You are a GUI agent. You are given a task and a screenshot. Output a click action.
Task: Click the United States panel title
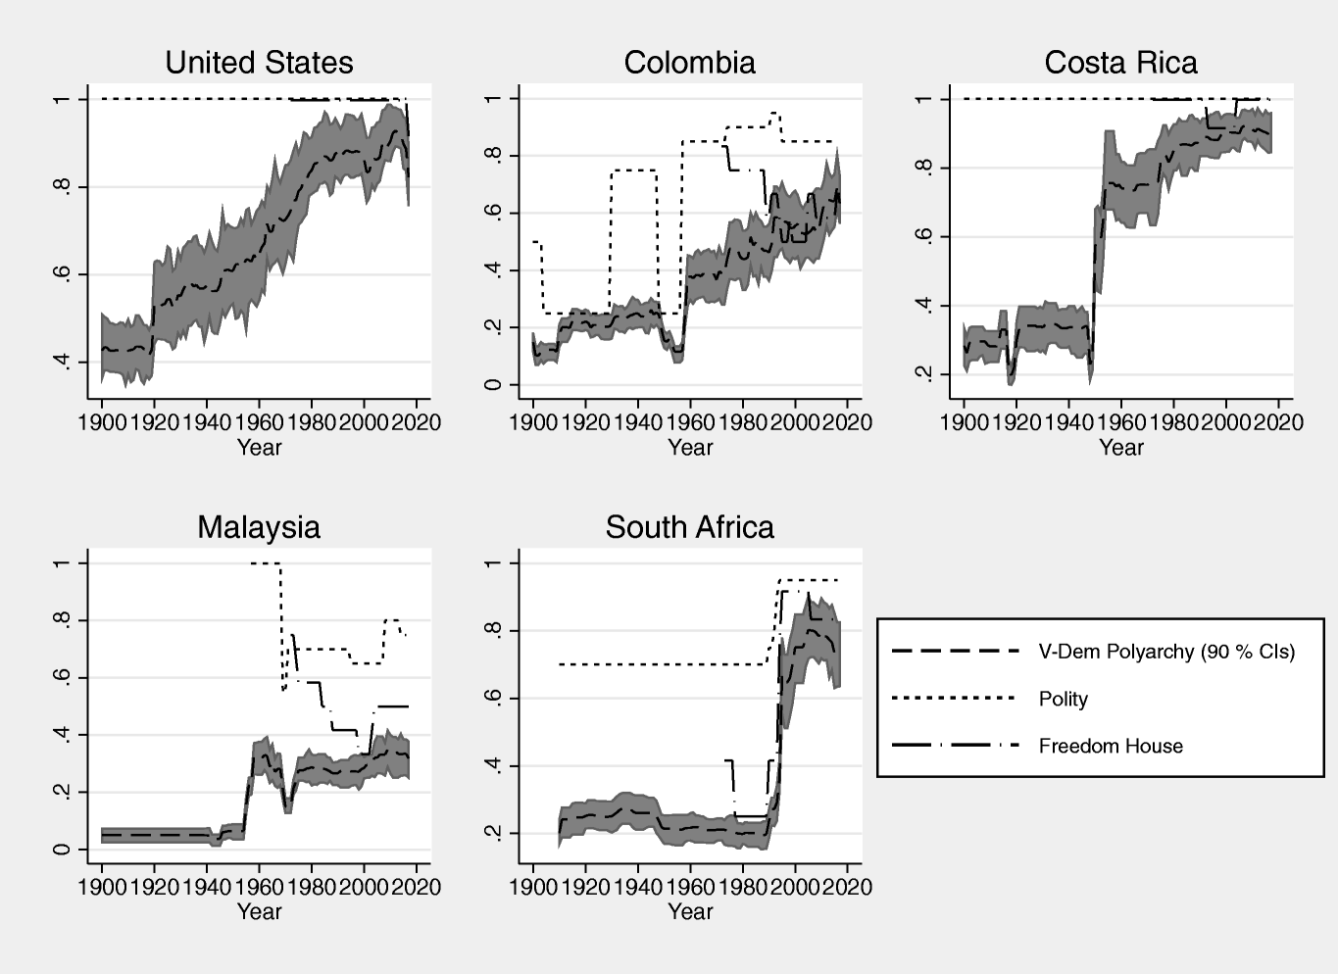[x=259, y=63]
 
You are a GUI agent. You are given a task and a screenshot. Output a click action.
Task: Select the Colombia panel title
[x=689, y=63]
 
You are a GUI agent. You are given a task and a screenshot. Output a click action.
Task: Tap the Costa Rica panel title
[x=1120, y=63]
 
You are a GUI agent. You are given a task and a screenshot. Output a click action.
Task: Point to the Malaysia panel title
[x=259, y=527]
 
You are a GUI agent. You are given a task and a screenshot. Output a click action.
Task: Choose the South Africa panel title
[x=689, y=527]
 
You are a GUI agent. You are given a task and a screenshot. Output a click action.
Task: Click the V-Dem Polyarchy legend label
[x=1166, y=652]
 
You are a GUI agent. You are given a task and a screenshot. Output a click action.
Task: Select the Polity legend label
[x=1063, y=699]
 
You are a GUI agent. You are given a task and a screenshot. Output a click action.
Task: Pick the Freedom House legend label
[x=1111, y=746]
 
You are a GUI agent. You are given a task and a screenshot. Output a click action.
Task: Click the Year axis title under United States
[x=259, y=448]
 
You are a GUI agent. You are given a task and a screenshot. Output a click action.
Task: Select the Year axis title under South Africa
[x=689, y=912]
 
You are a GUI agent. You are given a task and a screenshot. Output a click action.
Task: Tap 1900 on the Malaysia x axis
[x=102, y=887]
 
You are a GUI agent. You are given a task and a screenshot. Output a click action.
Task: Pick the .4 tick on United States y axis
[x=65, y=363]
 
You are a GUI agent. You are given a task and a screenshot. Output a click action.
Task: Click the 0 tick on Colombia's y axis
[x=496, y=385]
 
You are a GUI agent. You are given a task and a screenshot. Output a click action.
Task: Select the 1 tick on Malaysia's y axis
[x=65, y=563]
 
